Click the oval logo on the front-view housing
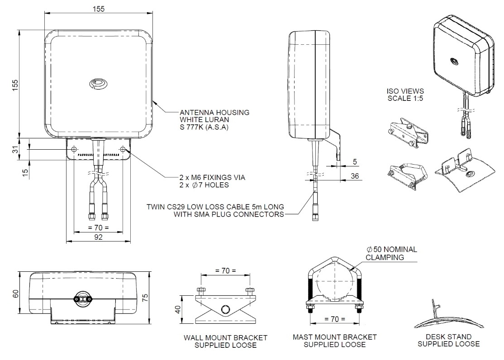[x=98, y=83]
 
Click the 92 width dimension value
[x=98, y=237]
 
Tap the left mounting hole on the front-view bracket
[x=75, y=149]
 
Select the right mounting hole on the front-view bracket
[x=123, y=149]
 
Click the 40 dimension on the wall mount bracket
[x=178, y=310]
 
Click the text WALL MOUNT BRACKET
[x=225, y=338]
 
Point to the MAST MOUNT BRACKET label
[x=334, y=337]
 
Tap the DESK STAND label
[x=448, y=336]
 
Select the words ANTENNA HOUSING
[x=214, y=112]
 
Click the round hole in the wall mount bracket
[x=225, y=310]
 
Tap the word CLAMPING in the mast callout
[x=385, y=257]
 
